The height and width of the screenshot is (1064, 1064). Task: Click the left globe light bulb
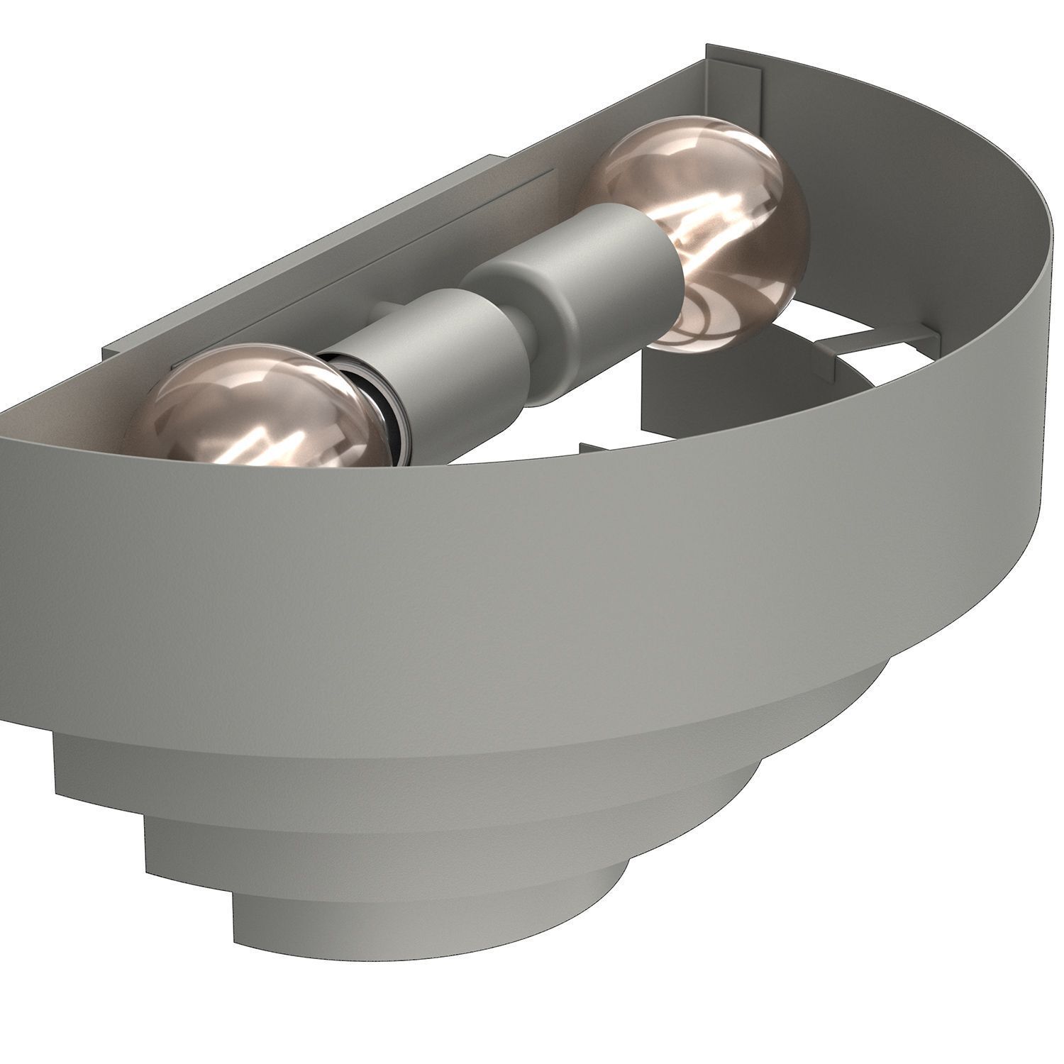tap(241, 411)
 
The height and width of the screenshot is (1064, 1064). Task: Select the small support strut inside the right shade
tap(851, 340)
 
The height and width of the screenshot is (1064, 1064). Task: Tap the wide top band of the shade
tap(497, 567)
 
